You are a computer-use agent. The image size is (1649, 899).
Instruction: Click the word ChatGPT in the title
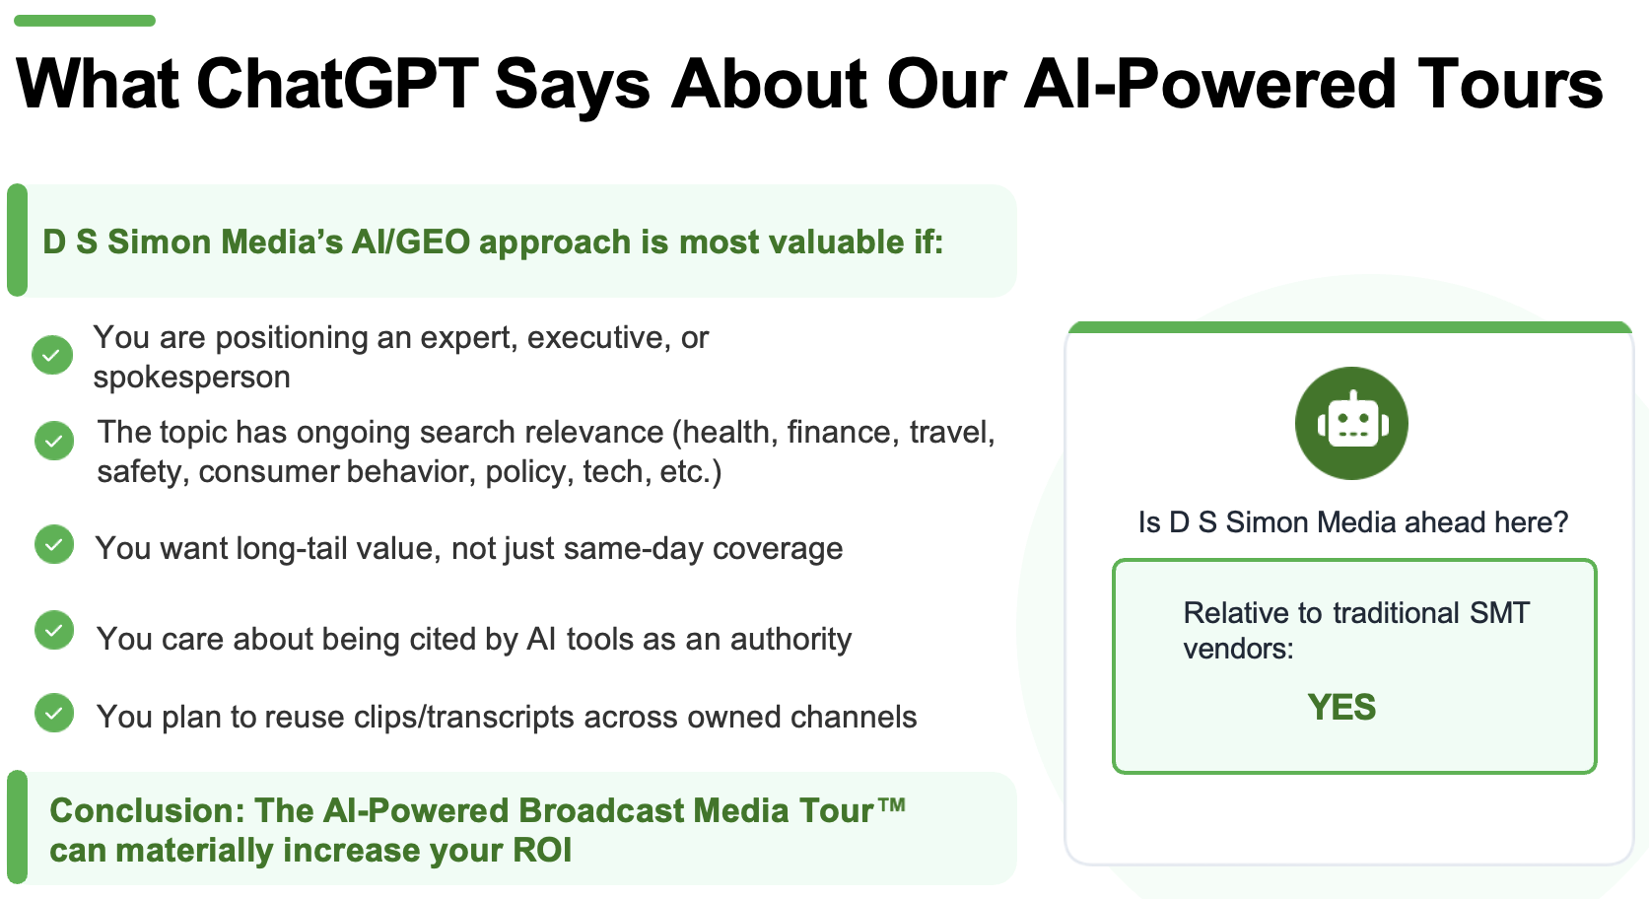pyautogui.click(x=338, y=85)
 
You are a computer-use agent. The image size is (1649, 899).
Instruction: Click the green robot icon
pyautogui.click(x=1351, y=423)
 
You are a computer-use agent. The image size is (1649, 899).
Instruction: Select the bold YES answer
pyautogui.click(x=1341, y=707)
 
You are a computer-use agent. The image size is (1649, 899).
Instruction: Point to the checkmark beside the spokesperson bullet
pyautogui.click(x=52, y=355)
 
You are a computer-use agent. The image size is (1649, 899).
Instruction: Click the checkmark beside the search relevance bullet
pyautogui.click(x=54, y=441)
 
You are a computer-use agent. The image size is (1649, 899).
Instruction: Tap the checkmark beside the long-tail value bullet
pyautogui.click(x=54, y=545)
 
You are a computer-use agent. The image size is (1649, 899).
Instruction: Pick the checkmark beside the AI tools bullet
pyautogui.click(x=54, y=630)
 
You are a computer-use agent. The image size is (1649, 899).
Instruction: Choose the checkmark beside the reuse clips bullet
pyautogui.click(x=54, y=713)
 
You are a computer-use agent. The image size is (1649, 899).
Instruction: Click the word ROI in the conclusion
pyautogui.click(x=542, y=851)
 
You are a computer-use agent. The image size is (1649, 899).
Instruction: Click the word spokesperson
pyautogui.click(x=191, y=378)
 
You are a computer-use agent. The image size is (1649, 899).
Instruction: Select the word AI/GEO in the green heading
pyautogui.click(x=411, y=242)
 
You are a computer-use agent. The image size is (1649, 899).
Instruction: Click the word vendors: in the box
pyautogui.click(x=1238, y=650)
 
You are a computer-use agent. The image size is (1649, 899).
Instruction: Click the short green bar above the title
pyautogui.click(x=85, y=21)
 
